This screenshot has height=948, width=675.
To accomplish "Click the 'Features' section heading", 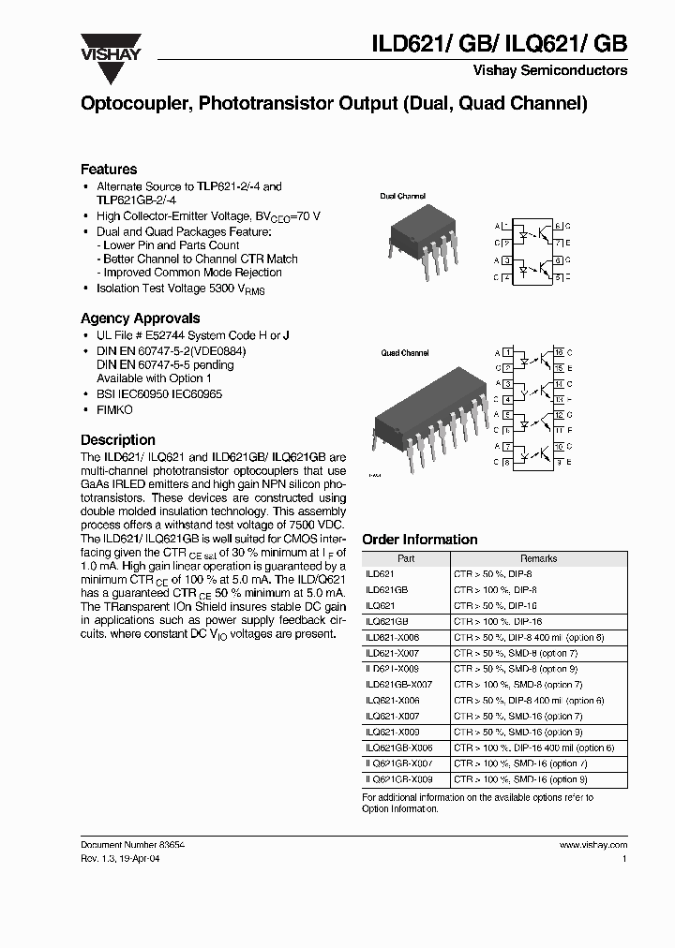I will (x=109, y=170).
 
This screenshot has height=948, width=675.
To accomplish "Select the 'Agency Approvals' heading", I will (x=140, y=318).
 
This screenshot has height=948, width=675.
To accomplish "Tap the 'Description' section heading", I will (x=118, y=439).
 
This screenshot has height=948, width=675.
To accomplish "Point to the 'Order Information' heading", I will (x=419, y=540).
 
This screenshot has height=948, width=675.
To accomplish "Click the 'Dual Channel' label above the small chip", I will (x=403, y=197).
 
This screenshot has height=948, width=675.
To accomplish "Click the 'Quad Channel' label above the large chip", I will (x=404, y=353).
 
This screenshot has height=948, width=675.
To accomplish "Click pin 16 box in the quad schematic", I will (x=558, y=352).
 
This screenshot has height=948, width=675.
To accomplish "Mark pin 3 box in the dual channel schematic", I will (x=507, y=261).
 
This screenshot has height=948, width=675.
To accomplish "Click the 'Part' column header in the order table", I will (x=406, y=558).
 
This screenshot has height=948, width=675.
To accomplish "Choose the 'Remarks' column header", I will (x=538, y=558).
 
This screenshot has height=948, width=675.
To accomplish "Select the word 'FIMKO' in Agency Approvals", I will (x=114, y=410).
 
